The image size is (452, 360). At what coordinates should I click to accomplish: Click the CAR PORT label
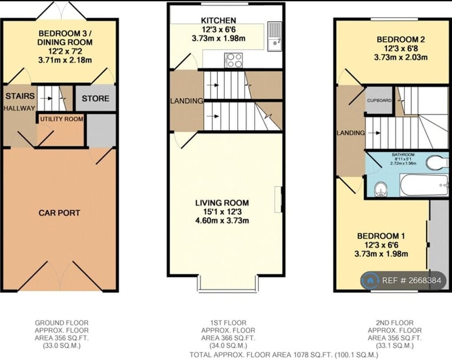click(x=59, y=212)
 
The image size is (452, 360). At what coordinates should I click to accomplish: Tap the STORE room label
click(x=95, y=98)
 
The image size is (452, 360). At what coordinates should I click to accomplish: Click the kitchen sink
click(x=274, y=36)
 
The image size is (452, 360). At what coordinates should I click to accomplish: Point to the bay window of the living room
click(x=227, y=284)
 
